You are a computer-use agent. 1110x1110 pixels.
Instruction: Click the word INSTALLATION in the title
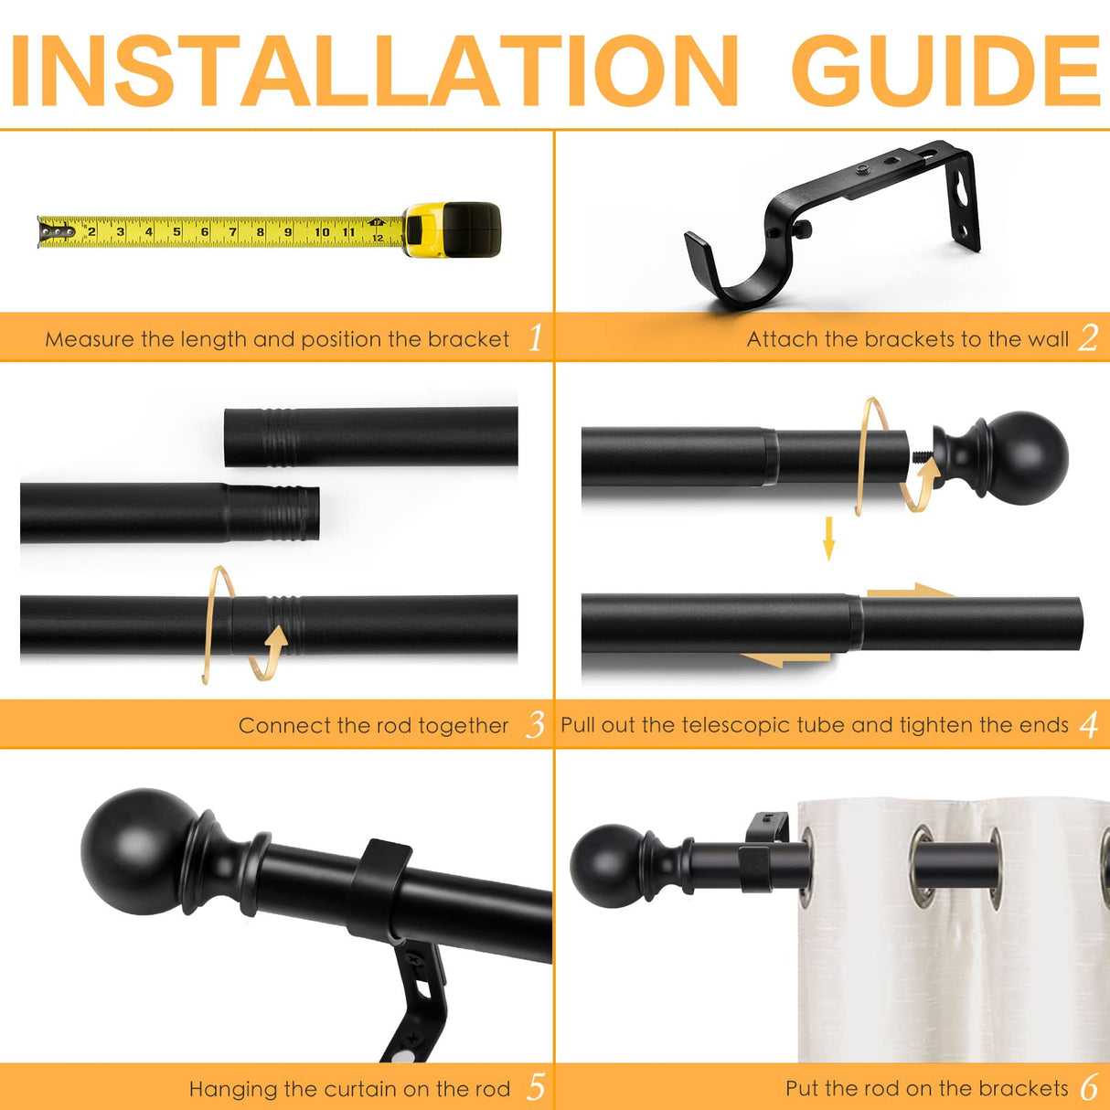coord(374,70)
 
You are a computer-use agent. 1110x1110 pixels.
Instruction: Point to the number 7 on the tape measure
coord(232,232)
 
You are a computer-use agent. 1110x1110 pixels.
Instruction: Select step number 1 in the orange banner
coord(535,337)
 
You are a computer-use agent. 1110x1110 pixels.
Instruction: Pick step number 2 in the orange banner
coord(1088,337)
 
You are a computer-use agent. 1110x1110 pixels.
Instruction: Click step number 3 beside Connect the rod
coord(535,724)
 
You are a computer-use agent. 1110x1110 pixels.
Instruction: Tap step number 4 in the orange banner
coord(1089,724)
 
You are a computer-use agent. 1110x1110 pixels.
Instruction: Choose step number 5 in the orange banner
coord(536,1087)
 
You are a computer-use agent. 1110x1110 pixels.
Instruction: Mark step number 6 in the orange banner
coord(1089,1087)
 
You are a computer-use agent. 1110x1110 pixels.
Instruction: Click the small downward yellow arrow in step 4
coord(828,539)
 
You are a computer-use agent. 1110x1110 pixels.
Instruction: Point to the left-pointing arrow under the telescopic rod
coord(785,660)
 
